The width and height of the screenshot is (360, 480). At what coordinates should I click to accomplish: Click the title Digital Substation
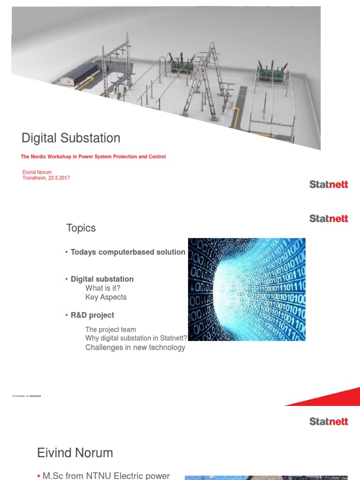(x=71, y=138)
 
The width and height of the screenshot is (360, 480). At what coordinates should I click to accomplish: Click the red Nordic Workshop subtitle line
(x=93, y=157)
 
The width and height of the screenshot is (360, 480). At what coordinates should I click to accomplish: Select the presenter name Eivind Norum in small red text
(x=37, y=172)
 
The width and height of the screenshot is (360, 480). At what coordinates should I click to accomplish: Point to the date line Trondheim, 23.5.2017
(x=46, y=178)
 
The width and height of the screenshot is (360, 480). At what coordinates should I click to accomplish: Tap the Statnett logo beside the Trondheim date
(x=329, y=185)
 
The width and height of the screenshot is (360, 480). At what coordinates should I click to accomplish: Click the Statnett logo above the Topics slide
(x=329, y=218)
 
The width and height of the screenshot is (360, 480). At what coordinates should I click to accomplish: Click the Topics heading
(x=81, y=228)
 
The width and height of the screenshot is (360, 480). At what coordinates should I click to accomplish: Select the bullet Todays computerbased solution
(x=127, y=252)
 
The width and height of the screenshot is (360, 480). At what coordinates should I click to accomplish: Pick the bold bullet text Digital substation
(x=102, y=279)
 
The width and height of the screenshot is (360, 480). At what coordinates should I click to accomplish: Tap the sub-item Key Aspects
(x=106, y=297)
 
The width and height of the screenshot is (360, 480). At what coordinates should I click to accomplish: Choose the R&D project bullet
(x=92, y=315)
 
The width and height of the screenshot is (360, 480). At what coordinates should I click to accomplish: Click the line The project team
(x=111, y=330)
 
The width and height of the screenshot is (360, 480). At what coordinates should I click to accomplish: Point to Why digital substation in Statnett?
(x=136, y=338)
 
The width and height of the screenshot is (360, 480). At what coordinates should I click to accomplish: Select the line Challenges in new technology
(x=135, y=347)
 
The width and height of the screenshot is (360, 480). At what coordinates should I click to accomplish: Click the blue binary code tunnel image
(x=247, y=290)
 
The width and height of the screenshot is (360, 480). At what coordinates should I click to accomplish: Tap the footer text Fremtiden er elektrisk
(x=27, y=396)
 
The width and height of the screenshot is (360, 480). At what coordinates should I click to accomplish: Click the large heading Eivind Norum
(x=75, y=453)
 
